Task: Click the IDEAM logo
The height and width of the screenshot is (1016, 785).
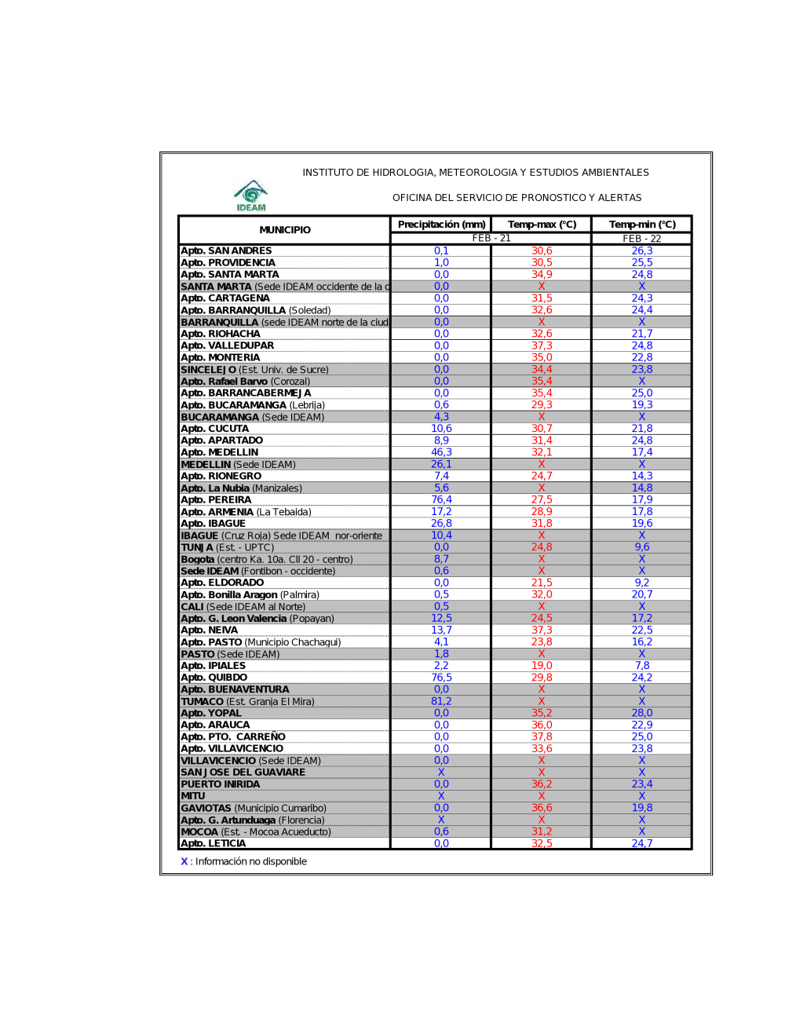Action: point(251,196)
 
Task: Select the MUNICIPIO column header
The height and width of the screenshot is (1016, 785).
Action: point(285,230)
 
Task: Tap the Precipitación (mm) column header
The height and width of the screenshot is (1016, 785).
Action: point(441,225)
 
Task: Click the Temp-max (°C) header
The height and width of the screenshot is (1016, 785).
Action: point(542,225)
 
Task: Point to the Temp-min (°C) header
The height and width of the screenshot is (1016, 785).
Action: point(642,225)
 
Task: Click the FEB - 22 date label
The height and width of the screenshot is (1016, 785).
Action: point(642,239)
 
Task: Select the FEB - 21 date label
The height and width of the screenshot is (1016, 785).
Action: point(491,239)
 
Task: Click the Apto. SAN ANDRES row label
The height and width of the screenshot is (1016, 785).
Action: point(226,251)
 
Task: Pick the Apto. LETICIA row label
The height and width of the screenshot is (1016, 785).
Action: point(214,843)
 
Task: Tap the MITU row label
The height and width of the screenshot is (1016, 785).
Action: point(193,796)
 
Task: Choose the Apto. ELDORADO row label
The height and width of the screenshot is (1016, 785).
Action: point(222,583)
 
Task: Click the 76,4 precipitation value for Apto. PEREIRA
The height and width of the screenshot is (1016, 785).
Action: point(441,499)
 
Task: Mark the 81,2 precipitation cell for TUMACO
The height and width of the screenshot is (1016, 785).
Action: point(441,701)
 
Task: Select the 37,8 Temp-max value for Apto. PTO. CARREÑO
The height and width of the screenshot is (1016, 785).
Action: point(542,736)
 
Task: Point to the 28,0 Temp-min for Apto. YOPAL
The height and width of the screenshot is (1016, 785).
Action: point(642,713)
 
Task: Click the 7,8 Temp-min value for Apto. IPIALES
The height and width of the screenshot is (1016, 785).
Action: point(642,666)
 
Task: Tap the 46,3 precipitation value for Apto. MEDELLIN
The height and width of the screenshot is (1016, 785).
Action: point(441,452)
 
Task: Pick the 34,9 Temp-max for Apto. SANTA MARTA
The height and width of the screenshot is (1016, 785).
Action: point(542,275)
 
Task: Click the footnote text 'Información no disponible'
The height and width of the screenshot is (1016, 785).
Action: point(250,861)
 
